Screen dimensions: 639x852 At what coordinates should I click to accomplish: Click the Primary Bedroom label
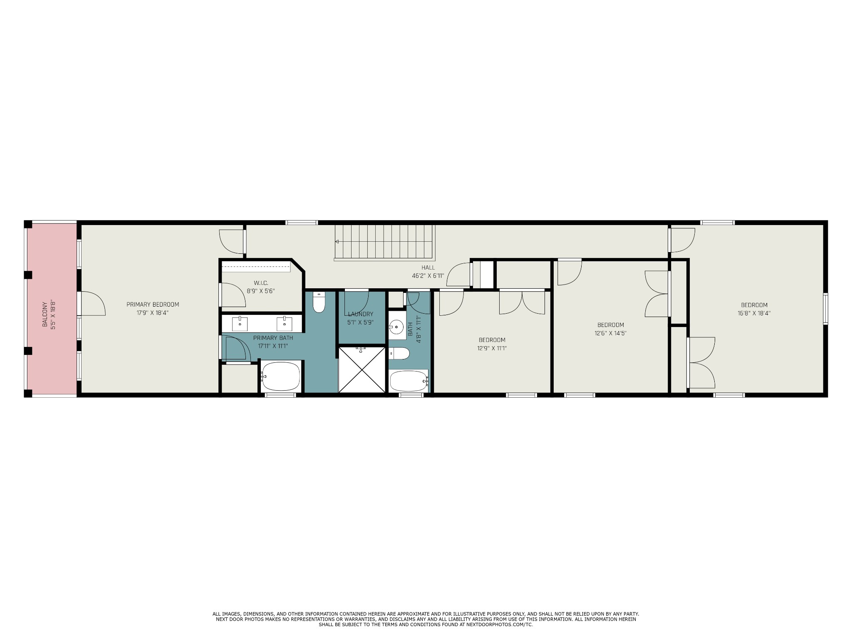pyautogui.click(x=153, y=305)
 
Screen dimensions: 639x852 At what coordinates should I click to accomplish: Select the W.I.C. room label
pyautogui.click(x=261, y=283)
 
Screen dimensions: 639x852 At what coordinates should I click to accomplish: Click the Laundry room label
pyautogui.click(x=361, y=314)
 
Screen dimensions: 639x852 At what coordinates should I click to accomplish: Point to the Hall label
pyautogui.click(x=428, y=267)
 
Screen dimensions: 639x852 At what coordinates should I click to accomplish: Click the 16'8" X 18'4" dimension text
pyautogui.click(x=754, y=313)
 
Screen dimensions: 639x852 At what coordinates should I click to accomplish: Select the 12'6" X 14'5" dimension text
pyautogui.click(x=610, y=333)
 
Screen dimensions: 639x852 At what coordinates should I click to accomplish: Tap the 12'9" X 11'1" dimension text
pyautogui.click(x=492, y=348)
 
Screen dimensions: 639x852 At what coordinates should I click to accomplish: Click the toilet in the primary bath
pyautogui.click(x=319, y=302)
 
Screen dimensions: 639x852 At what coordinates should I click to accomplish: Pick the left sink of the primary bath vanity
pyautogui.click(x=240, y=322)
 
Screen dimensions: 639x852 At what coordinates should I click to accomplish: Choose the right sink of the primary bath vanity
pyautogui.click(x=285, y=322)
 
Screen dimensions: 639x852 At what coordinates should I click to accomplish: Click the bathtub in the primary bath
pyautogui.click(x=281, y=376)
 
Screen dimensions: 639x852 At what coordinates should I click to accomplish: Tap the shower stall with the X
pyautogui.click(x=362, y=369)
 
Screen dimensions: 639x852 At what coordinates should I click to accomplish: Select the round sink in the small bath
pyautogui.click(x=397, y=327)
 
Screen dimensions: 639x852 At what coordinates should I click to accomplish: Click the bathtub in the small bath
pyautogui.click(x=408, y=381)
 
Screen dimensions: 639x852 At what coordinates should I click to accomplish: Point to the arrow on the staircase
pyautogui.click(x=337, y=241)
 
